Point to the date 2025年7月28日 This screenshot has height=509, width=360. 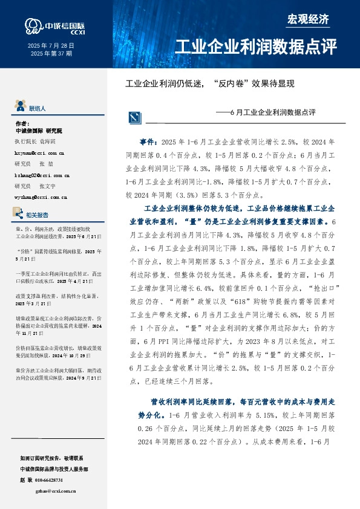51,45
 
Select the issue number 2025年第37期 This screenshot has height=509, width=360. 51,53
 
